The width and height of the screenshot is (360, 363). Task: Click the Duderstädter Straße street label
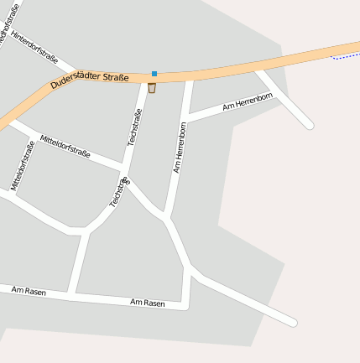[90, 80]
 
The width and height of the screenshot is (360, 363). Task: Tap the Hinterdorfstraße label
[35, 49]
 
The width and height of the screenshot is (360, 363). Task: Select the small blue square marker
[154, 74]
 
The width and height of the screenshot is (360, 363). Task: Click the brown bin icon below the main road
[152, 88]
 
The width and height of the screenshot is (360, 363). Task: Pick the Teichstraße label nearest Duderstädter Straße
[136, 128]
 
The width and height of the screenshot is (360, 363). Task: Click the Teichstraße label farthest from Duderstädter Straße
[120, 192]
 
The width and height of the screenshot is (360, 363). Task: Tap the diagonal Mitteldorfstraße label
[65, 146]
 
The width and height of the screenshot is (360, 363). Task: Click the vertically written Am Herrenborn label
[180, 148]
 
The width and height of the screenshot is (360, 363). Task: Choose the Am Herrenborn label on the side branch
[248, 103]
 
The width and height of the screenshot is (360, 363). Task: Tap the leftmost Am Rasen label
[29, 291]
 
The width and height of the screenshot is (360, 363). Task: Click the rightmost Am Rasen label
[148, 302]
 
